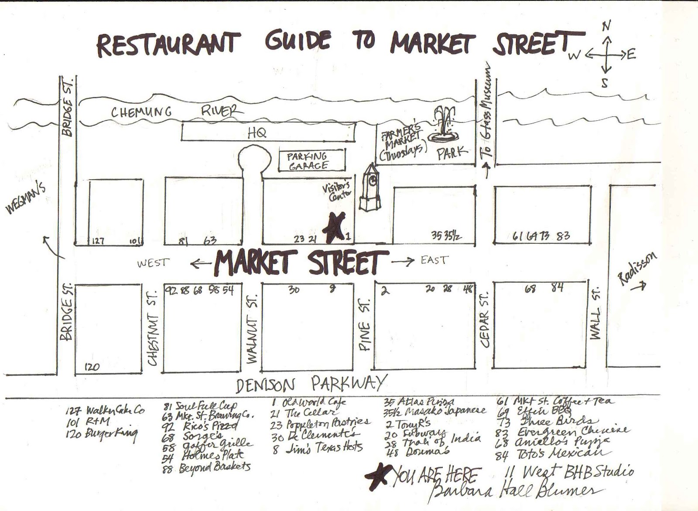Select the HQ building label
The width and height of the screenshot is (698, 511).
[x=257, y=133]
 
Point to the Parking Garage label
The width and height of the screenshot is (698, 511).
[x=308, y=160]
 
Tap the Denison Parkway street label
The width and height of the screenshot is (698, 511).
[x=311, y=384]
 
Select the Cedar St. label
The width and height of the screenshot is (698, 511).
[x=486, y=319]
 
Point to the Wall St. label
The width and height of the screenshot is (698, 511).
[x=595, y=313]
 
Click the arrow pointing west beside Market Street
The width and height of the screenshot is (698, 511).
[x=200, y=263]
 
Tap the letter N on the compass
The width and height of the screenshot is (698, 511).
[x=606, y=26]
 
